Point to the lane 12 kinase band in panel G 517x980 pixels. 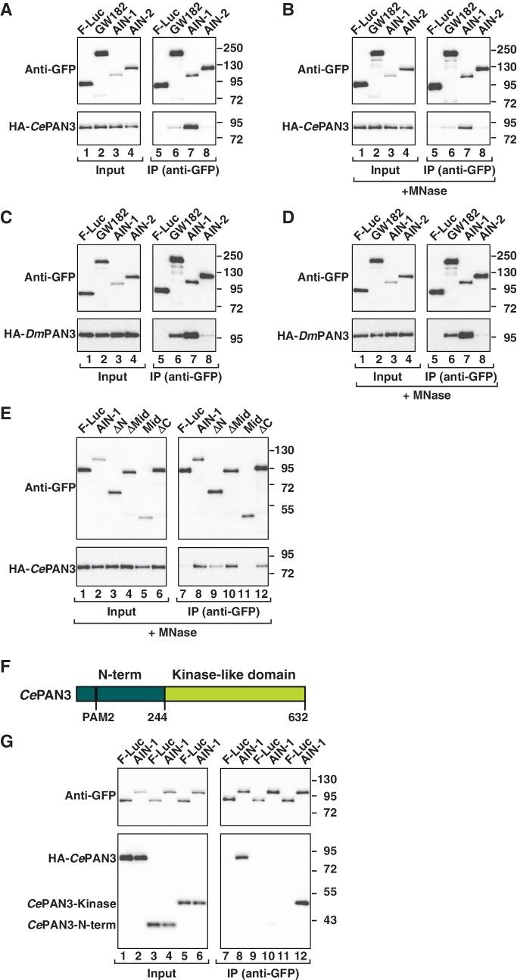[x=302, y=903]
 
